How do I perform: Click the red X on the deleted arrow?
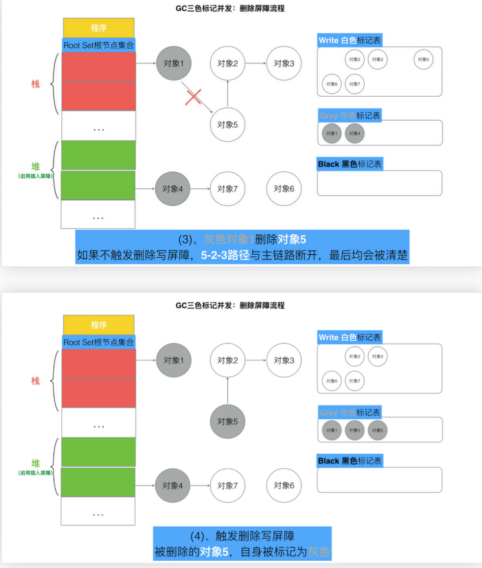click(193, 97)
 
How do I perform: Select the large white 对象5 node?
click(227, 124)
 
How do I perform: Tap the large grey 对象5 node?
click(227, 421)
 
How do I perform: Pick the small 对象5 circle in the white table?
click(424, 59)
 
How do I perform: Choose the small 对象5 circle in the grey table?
click(377, 431)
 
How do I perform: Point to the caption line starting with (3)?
click(241, 240)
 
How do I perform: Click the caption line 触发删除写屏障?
click(242, 536)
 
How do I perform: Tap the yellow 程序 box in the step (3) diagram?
click(99, 28)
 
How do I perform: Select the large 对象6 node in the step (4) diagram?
click(284, 485)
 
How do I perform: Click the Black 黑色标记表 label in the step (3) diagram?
click(349, 164)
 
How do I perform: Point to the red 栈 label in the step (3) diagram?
click(35, 84)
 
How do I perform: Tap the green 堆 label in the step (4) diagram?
click(35, 463)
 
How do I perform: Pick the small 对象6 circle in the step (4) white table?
click(332, 381)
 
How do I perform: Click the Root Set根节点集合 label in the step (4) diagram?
click(99, 342)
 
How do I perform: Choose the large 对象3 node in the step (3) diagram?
click(284, 63)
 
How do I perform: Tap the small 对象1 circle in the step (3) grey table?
click(332, 134)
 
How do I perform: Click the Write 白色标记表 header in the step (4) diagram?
click(349, 337)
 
